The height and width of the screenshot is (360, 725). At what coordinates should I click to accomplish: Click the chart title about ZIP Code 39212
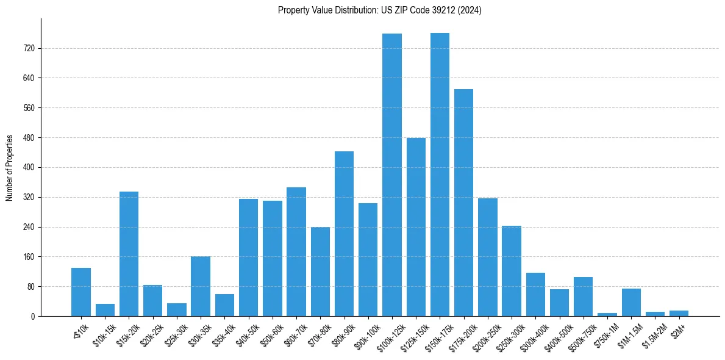tap(379, 10)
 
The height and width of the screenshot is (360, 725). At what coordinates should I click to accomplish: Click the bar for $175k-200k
tap(463, 203)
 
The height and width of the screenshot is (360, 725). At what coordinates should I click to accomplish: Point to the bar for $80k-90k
tap(344, 234)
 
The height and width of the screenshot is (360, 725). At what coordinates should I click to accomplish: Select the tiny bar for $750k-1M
tap(607, 314)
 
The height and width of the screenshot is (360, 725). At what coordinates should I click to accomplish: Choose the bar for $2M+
tap(679, 313)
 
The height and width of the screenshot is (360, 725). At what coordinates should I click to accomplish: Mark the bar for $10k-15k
tap(105, 310)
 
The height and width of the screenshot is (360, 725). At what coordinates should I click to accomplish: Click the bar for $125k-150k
tap(416, 227)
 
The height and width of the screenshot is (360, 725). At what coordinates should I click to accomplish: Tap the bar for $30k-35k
tap(201, 286)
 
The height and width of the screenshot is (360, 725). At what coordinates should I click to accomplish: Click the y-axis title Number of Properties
tap(10, 167)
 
